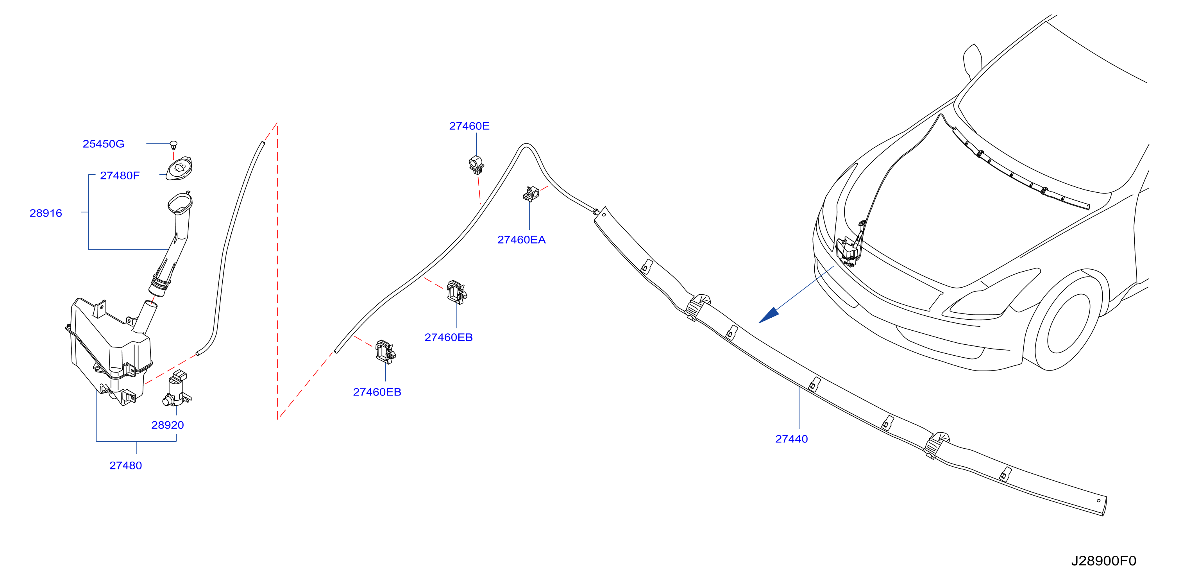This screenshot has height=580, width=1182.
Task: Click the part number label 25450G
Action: [103, 144]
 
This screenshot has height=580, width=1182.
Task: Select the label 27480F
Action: [120, 176]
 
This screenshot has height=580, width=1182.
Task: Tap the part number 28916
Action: [46, 213]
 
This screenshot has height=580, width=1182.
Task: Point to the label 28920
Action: [168, 425]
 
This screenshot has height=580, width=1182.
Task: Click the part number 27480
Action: [126, 466]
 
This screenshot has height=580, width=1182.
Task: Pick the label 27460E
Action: [469, 126]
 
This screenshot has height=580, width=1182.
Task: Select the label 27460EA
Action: [522, 240]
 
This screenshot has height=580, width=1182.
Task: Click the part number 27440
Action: [792, 439]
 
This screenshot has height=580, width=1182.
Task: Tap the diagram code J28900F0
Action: [1103, 561]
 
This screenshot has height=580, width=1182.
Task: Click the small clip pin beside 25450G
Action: [173, 145]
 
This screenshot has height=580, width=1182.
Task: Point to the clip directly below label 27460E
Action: [476, 165]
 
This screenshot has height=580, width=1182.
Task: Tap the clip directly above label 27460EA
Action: [531, 194]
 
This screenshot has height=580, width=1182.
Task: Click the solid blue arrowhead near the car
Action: [769, 315]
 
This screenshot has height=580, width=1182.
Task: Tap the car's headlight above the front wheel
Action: [991, 294]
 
